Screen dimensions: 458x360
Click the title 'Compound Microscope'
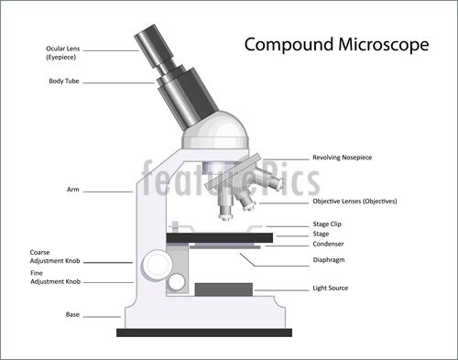coord(334,45)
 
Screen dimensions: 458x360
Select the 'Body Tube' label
coord(64,82)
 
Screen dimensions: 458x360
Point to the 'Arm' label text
coord(72,190)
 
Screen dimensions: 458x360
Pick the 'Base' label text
coord(72,314)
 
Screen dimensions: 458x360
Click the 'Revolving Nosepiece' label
coord(342,158)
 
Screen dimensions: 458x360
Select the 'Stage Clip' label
coord(329,224)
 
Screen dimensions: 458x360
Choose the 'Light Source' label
coord(331,289)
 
